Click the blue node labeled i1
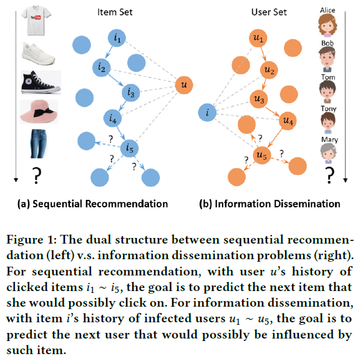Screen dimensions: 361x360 click(x=117, y=38)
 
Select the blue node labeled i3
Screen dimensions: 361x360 click(x=130, y=92)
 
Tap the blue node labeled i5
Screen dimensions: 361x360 click(x=130, y=148)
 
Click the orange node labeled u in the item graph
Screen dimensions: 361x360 click(x=183, y=84)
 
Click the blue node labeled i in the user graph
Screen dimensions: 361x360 click(x=207, y=113)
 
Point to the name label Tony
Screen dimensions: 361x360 click(x=328, y=107)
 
